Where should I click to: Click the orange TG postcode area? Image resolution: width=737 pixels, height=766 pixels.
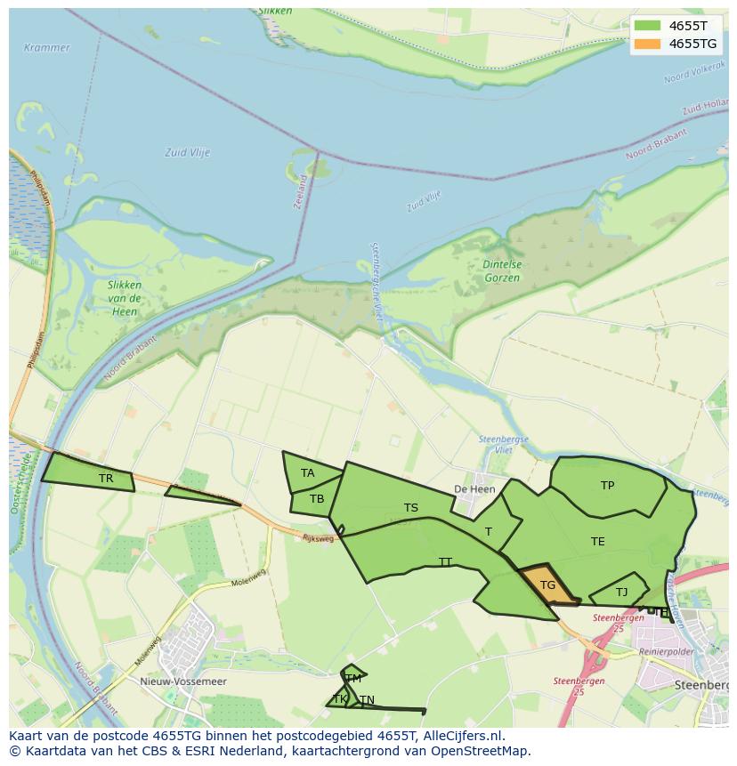coord(547,585)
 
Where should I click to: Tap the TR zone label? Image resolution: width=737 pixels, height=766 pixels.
coord(106,479)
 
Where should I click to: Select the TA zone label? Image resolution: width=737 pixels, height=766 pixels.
coord(308,473)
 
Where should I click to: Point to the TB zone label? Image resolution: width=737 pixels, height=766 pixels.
coord(317,499)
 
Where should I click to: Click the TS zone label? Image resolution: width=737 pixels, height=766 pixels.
coord(411,508)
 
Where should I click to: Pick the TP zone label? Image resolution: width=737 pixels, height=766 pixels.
coord(607,486)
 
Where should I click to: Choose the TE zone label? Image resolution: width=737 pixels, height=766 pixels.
coord(597,541)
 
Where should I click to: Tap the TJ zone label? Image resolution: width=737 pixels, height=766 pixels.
coord(621,593)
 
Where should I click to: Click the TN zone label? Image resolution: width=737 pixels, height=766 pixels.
coord(367,699)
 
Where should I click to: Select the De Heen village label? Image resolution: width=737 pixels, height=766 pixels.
coord(474,489)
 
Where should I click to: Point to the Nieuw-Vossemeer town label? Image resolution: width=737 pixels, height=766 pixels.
coord(183,681)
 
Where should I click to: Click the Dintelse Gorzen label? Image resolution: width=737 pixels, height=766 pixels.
coord(503,271)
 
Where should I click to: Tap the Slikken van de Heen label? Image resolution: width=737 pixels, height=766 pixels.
coord(124,297)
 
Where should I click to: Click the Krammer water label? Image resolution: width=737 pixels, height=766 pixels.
coord(46,47)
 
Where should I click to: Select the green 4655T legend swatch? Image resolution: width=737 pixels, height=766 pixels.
coord(647,26)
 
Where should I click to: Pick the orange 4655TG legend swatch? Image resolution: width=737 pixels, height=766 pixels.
coord(647,44)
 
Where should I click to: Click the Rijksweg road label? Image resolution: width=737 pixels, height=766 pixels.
coord(318,538)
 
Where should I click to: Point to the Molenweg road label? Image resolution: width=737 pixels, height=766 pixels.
coord(249,579)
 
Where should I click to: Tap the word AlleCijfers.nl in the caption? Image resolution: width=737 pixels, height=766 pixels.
coord(463,736)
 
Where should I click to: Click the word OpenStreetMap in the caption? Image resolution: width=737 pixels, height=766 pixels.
coord(481,751)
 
